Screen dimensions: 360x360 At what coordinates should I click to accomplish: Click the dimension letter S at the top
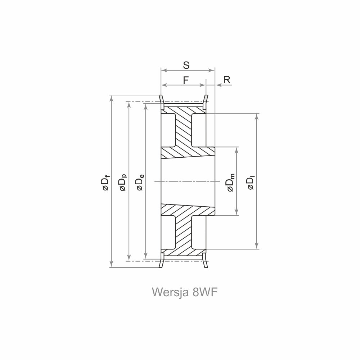[186, 65]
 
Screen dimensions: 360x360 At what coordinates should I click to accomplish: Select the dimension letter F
[186, 80]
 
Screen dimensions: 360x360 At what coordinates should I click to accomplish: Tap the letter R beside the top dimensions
[227, 80]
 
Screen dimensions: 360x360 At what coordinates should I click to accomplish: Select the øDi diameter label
[251, 181]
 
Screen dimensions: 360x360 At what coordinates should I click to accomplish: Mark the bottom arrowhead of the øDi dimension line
[257, 246]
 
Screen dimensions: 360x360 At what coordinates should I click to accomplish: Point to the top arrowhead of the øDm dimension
[237, 149]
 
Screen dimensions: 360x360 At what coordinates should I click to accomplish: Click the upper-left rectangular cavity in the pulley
[168, 130]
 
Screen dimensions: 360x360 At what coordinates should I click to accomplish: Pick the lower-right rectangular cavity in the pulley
[199, 232]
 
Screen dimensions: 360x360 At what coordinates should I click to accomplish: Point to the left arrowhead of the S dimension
[163, 70]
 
